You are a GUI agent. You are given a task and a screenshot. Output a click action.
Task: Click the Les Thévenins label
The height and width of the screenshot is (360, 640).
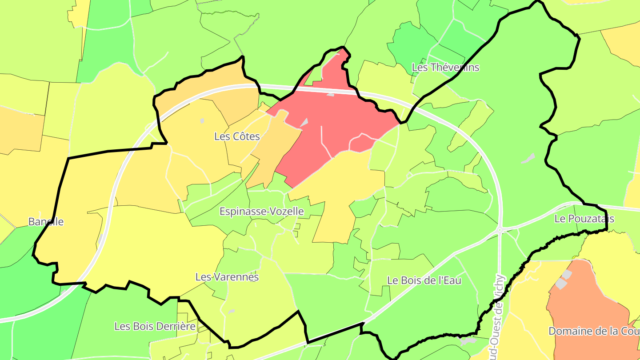[x=446, y=68]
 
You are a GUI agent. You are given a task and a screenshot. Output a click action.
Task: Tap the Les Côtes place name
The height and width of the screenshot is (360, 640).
[x=237, y=136]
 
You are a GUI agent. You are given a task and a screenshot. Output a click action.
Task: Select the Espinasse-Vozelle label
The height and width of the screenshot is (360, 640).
[x=262, y=211]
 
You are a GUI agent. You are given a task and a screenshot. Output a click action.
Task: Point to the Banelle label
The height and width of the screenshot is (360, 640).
[x=46, y=221]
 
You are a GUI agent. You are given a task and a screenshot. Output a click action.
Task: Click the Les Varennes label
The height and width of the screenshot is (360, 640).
[x=227, y=276]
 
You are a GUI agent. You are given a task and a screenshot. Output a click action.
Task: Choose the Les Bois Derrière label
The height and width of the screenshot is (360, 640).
[x=155, y=326]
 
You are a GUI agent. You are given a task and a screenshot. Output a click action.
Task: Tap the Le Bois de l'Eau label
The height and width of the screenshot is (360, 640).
[x=424, y=280]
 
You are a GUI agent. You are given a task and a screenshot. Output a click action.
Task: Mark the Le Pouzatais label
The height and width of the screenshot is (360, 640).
[x=584, y=219]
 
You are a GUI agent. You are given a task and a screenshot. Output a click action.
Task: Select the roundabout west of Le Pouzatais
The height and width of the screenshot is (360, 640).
[x=500, y=230]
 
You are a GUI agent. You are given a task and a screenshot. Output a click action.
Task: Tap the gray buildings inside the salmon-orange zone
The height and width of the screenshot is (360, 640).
[x=563, y=280]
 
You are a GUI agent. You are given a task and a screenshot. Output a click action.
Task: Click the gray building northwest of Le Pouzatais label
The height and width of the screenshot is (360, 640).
[x=528, y=158]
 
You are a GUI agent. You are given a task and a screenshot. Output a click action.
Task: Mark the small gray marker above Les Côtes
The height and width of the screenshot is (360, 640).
[x=202, y=120]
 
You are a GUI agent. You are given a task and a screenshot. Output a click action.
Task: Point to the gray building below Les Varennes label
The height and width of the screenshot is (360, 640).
[x=231, y=312]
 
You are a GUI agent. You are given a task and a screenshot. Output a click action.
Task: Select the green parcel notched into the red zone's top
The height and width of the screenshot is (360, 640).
[x=314, y=76]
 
